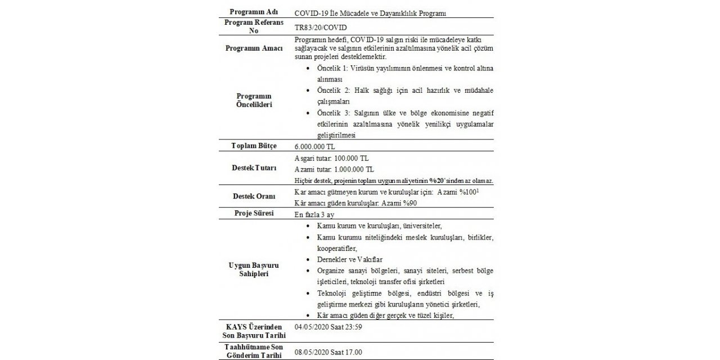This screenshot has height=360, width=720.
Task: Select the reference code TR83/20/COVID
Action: click(x=319, y=26)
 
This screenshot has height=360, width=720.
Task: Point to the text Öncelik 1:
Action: click(x=333, y=69)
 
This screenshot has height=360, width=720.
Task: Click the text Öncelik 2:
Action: click(x=333, y=91)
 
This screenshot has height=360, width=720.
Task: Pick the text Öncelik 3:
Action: click(x=333, y=112)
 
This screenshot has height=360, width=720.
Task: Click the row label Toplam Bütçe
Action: click(x=254, y=146)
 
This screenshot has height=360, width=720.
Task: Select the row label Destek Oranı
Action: click(x=254, y=196)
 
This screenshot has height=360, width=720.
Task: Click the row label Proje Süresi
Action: click(x=254, y=214)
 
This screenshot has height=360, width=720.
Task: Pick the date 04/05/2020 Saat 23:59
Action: click(x=328, y=326)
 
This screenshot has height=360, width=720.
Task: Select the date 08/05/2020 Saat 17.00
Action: click(x=328, y=352)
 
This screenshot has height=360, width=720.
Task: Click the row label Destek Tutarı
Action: click(x=254, y=168)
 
